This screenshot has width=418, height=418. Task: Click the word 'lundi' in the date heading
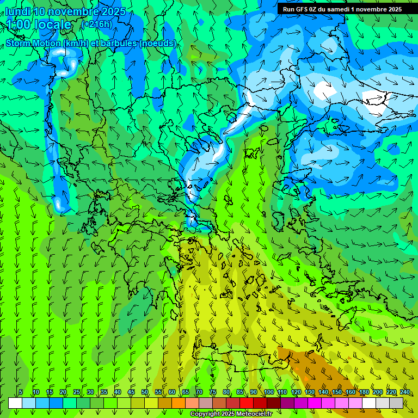coord(17,11)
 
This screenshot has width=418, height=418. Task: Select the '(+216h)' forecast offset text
coord(96,24)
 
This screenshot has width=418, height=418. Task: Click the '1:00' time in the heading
coord(18,24)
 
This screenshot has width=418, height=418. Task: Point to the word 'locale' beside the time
coord(53,24)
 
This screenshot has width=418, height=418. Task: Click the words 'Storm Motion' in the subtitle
coord(32,43)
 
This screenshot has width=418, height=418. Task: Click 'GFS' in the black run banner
coord(302,9)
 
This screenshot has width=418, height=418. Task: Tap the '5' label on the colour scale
coord(21,392)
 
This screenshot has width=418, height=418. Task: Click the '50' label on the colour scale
coord(145,392)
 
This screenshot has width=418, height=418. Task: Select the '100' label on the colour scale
coord(269,392)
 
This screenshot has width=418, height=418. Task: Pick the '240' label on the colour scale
coord(405,392)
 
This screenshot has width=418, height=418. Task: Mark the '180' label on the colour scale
coord(364,392)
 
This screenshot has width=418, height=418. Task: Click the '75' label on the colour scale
coord(213,392)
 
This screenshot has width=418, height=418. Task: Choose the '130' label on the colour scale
coord(310,392)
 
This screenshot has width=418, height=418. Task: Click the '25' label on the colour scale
coord(77,392)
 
